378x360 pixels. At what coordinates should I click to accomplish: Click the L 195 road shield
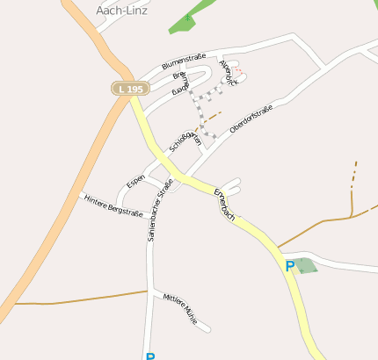point(129,90)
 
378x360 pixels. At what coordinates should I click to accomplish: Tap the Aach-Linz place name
point(121,11)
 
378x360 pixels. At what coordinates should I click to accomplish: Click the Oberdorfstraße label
point(251,119)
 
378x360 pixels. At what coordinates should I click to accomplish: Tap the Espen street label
point(135,181)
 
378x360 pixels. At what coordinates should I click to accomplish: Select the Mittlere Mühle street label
point(181,310)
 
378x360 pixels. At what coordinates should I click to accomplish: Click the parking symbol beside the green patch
point(289,265)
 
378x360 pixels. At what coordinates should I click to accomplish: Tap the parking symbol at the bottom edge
point(149,356)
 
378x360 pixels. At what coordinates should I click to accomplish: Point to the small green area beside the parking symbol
point(305,265)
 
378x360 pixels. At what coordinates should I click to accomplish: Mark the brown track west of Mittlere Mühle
point(79,298)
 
